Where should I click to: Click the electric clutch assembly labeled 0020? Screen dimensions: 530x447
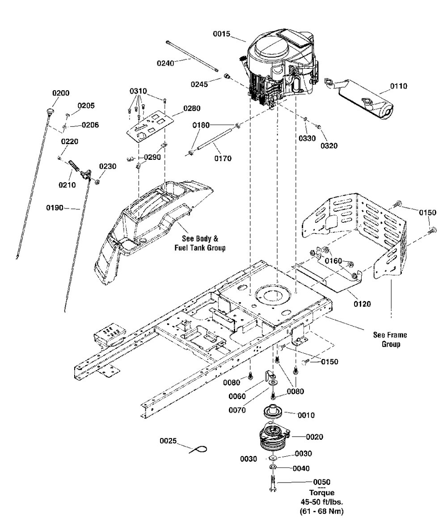274,437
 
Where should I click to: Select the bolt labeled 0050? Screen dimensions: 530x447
272,485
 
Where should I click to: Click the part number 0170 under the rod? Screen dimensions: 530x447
223,158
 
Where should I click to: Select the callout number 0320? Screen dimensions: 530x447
329,145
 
